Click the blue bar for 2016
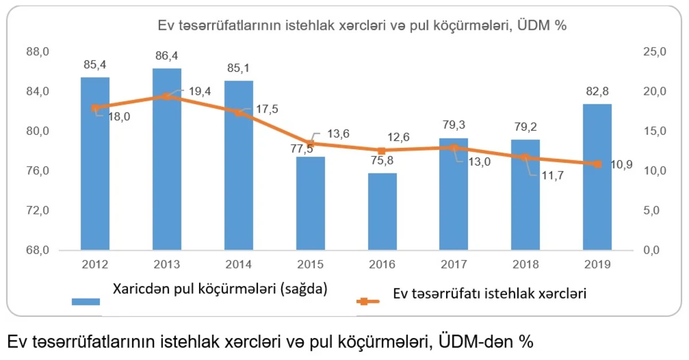pyautogui.click(x=382, y=211)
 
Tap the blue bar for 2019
pyautogui.click(x=597, y=177)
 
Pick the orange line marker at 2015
pyautogui.click(x=311, y=143)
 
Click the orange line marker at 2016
pyautogui.click(x=382, y=150)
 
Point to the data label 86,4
pyautogui.click(x=167, y=56)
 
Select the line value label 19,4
pyautogui.click(x=199, y=91)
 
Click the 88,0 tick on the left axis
pyautogui.click(x=39, y=52)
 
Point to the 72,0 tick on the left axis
pyautogui.click(x=39, y=211)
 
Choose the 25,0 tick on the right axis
pyautogui.click(x=654, y=52)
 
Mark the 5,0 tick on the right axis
pyautogui.click(x=654, y=211)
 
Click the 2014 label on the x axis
pyautogui.click(x=238, y=265)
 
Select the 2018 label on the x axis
pyautogui.click(x=525, y=265)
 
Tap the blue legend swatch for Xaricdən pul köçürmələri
pyautogui.click(x=86, y=301)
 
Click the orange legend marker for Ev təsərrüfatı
pyautogui.click(x=363, y=301)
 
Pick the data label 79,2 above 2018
pyautogui.click(x=525, y=127)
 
